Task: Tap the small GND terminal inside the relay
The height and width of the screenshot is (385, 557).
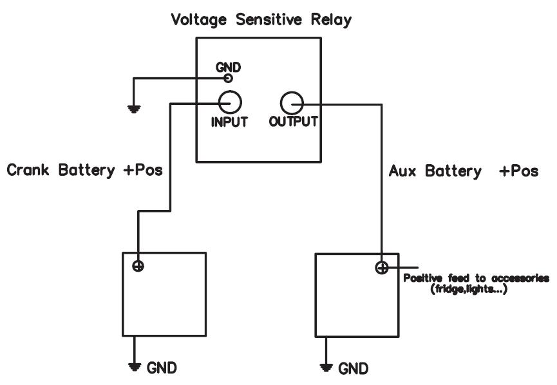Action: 228,78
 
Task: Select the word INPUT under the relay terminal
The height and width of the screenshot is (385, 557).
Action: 229,122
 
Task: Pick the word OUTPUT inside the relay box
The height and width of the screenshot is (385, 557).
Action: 294,122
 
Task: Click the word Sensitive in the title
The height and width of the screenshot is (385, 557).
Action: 269,19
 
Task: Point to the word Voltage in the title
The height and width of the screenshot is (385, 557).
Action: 198,19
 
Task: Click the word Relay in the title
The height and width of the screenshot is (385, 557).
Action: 331,20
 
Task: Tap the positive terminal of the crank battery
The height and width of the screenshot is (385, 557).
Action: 138,266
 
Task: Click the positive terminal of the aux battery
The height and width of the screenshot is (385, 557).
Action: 381,267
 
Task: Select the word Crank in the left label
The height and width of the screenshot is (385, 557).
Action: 28,170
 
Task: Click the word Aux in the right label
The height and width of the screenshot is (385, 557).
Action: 402,171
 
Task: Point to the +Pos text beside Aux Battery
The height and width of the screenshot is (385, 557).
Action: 518,171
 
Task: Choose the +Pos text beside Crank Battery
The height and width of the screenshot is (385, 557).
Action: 143,170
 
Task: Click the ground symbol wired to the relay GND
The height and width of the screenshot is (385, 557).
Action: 133,109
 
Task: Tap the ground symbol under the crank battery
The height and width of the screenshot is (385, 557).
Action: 135,367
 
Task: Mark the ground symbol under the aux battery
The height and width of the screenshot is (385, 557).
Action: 326,368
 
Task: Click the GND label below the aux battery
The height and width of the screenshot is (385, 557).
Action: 353,369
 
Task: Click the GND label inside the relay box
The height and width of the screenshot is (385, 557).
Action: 228,67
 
